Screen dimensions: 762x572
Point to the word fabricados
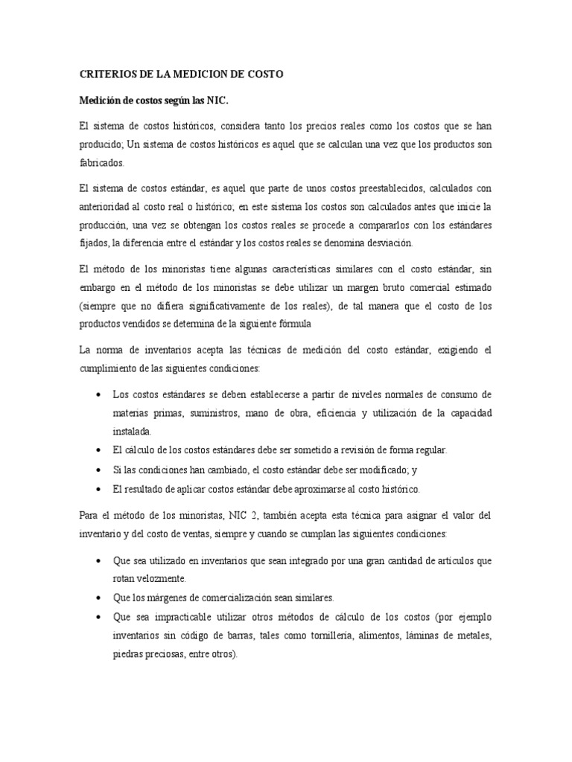point(102,162)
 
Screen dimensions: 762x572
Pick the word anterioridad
point(106,205)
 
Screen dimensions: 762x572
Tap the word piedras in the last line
point(127,654)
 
